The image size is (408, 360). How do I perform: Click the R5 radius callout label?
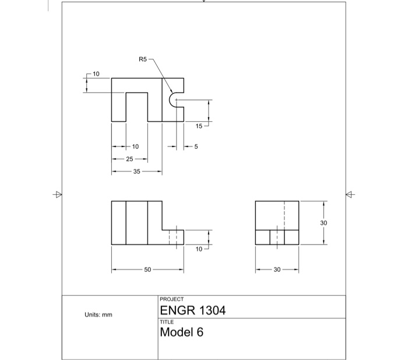[x=143, y=59]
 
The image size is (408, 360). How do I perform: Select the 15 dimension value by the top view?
[x=199, y=126]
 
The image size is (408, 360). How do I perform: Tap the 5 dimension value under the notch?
[x=196, y=146]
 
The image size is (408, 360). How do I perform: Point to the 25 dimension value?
[x=129, y=159]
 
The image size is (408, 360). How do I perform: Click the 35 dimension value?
[x=136, y=172]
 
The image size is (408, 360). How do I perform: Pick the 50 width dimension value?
[x=147, y=270]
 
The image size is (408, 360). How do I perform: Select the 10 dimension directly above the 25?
[x=135, y=146]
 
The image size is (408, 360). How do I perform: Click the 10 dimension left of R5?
[x=96, y=74]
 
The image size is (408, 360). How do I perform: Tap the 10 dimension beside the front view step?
[x=199, y=249]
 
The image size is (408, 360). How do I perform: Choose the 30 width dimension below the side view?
[x=277, y=270]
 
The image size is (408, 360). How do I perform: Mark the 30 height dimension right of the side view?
[x=324, y=223]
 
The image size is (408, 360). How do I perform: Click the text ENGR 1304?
[x=192, y=310]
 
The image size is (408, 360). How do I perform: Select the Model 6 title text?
[x=181, y=333]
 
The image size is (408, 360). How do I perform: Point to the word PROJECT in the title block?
[x=171, y=299]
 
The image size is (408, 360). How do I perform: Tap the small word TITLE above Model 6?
[x=166, y=321]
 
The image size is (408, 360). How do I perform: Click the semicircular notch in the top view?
[x=173, y=100]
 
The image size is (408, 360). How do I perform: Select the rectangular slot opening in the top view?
[x=136, y=107]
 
